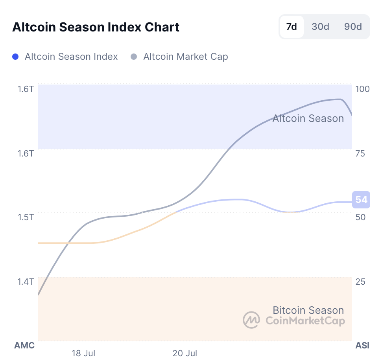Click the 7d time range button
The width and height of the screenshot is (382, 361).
point(292,27)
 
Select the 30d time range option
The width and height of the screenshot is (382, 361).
point(320,27)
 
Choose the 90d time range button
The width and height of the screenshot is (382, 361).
point(353,27)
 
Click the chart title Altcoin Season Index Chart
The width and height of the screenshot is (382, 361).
point(96,27)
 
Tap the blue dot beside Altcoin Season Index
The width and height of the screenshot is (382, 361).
point(16,57)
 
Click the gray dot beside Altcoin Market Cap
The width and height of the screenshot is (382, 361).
point(134,57)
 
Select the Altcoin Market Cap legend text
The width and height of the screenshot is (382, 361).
point(185,57)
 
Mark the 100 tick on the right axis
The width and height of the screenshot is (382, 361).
point(362,89)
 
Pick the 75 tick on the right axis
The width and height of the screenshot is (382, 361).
point(360,153)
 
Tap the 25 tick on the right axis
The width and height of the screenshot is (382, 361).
point(360,282)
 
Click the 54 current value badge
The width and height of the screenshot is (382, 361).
point(361,200)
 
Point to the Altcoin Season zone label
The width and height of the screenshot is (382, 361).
point(308,118)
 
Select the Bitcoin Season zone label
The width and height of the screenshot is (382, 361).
point(308,310)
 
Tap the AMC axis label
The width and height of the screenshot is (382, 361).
point(24,346)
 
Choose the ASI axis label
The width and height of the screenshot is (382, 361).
point(362,346)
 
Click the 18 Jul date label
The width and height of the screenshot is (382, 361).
point(84,353)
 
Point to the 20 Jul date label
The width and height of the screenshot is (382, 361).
point(185,353)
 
